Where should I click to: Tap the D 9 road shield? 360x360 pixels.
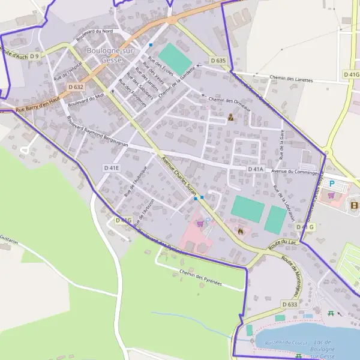tap(34, 56)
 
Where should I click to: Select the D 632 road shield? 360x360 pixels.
tap(76, 87)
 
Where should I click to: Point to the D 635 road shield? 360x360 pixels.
tap(218, 61)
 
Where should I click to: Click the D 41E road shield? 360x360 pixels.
tap(111, 168)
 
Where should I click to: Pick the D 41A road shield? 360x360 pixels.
tap(256, 169)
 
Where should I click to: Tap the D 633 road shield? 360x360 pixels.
tap(289, 305)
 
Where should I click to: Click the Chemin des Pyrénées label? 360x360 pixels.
tap(200, 277)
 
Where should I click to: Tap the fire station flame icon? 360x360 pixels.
tap(241, 230)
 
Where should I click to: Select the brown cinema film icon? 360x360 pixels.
tap(354, 205)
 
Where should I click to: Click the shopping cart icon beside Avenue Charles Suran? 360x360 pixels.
tap(200, 223)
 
